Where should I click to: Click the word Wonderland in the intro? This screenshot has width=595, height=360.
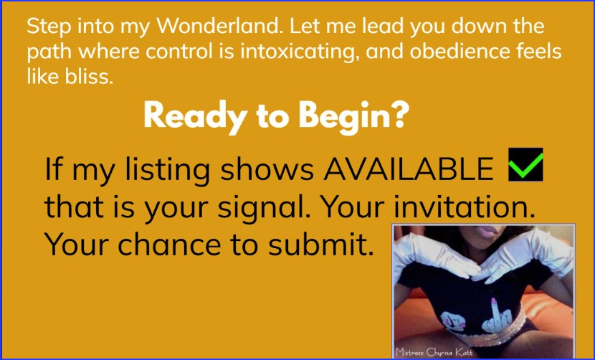(x=220, y=27)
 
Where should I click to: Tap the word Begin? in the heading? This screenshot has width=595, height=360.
(x=353, y=116)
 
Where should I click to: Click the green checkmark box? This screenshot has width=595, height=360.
(x=525, y=164)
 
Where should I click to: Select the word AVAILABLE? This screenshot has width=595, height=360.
(x=409, y=169)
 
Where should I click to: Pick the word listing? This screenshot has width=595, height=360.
(x=167, y=170)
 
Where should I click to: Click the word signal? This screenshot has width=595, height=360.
(x=263, y=208)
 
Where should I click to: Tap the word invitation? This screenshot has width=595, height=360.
(x=462, y=207)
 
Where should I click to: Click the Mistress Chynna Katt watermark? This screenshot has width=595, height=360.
(x=434, y=351)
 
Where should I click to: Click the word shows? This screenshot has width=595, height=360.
(x=267, y=169)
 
